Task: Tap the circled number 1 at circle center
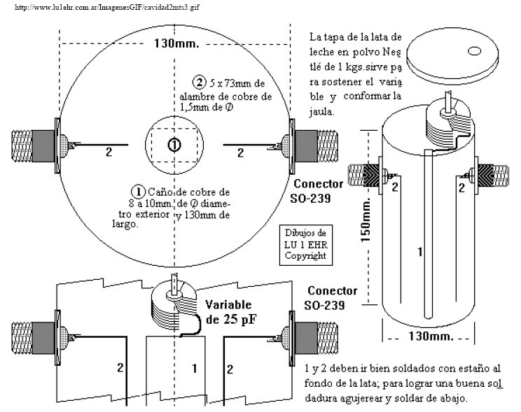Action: point(173,144)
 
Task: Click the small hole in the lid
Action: point(473,51)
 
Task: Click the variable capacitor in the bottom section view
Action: point(172,308)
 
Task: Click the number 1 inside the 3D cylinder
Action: point(419,253)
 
